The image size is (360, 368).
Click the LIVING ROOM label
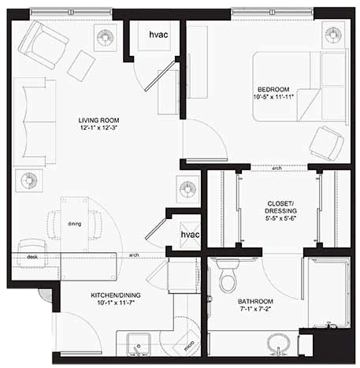pyautogui.click(x=98, y=121)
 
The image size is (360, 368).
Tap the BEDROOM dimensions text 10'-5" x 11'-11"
pyautogui.click(x=273, y=97)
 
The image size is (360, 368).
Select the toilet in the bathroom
pyautogui.click(x=228, y=275)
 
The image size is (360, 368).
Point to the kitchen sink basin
pyautogui.click(x=139, y=345)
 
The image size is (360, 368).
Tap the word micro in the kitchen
pyautogui.click(x=189, y=346)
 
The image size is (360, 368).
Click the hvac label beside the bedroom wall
pyautogui.click(x=158, y=35)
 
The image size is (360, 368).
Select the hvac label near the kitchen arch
pyautogui.click(x=190, y=234)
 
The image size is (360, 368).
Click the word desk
pyautogui.click(x=32, y=257)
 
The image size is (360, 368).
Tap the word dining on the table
pyautogui.click(x=75, y=224)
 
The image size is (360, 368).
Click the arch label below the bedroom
pyautogui.click(x=277, y=168)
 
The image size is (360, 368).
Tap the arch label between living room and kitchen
pyautogui.click(x=134, y=255)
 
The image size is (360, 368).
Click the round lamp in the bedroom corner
pyautogui.click(x=333, y=35)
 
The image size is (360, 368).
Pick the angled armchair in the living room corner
pyautogui.click(x=43, y=45)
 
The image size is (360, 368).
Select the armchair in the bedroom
pyautogui.click(x=326, y=143)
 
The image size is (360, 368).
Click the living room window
pyautogui.click(x=71, y=12)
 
